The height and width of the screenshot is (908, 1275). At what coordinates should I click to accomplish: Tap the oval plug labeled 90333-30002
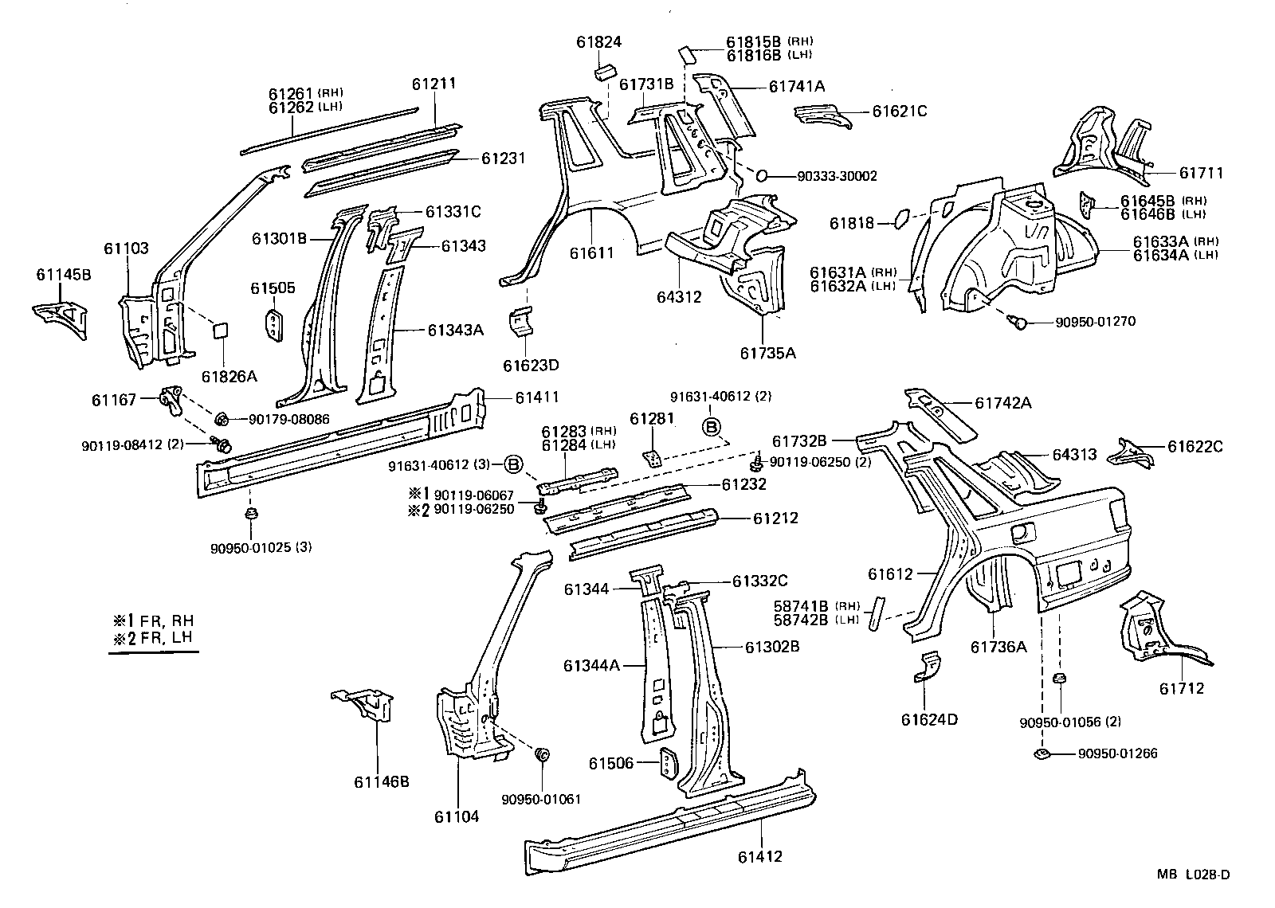[x=761, y=175]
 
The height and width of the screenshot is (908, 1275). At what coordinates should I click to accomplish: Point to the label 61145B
[x=64, y=275]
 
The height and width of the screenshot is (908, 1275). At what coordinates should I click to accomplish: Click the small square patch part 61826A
[x=220, y=331]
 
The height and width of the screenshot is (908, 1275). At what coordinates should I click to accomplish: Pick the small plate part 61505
[x=273, y=325]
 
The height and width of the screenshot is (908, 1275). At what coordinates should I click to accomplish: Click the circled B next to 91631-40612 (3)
[x=514, y=464]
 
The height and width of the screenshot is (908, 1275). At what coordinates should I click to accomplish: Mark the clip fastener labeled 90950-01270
[x=1015, y=321]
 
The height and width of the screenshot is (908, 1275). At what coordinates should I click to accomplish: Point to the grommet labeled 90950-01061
[x=543, y=753]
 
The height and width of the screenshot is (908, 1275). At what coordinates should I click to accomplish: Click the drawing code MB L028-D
[x=1194, y=874]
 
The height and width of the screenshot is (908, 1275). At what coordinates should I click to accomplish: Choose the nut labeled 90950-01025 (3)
[x=251, y=514]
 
